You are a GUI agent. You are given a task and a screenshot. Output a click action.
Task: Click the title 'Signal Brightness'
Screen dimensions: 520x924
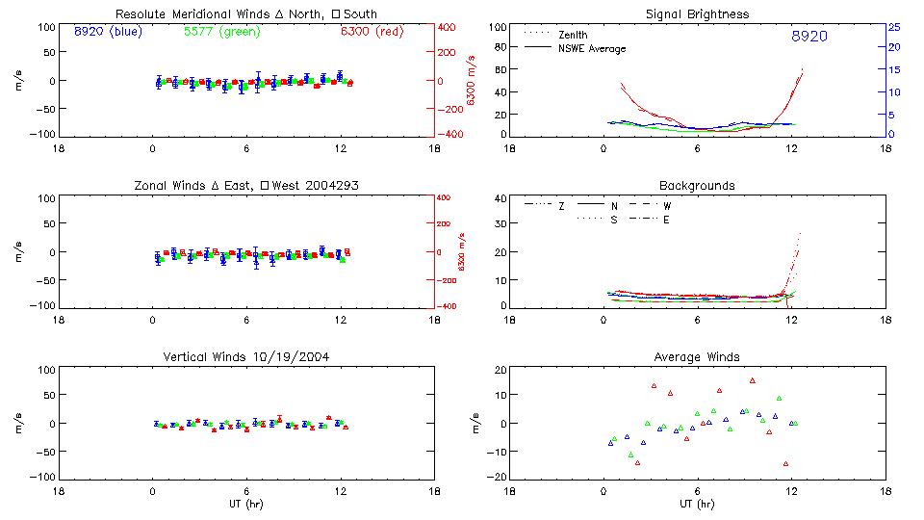698,14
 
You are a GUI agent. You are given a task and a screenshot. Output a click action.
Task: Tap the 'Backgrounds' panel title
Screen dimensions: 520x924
698,185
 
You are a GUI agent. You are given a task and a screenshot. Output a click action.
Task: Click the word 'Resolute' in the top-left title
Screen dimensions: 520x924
141,14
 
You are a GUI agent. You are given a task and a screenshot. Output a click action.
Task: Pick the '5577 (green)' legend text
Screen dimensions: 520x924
220,32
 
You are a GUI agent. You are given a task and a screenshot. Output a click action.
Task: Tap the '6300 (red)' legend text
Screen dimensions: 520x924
372,32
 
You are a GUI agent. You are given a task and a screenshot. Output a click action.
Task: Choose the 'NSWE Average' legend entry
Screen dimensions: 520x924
593,48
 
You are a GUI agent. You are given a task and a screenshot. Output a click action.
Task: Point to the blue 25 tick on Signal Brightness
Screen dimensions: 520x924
893,27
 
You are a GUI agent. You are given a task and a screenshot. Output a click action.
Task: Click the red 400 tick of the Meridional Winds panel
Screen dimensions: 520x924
449,27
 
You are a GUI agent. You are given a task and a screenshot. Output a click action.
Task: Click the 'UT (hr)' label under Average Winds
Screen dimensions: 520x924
698,504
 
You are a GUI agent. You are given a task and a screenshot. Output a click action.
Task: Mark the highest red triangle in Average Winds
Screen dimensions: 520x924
753,380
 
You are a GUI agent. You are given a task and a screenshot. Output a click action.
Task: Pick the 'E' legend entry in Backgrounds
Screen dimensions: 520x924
666,220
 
